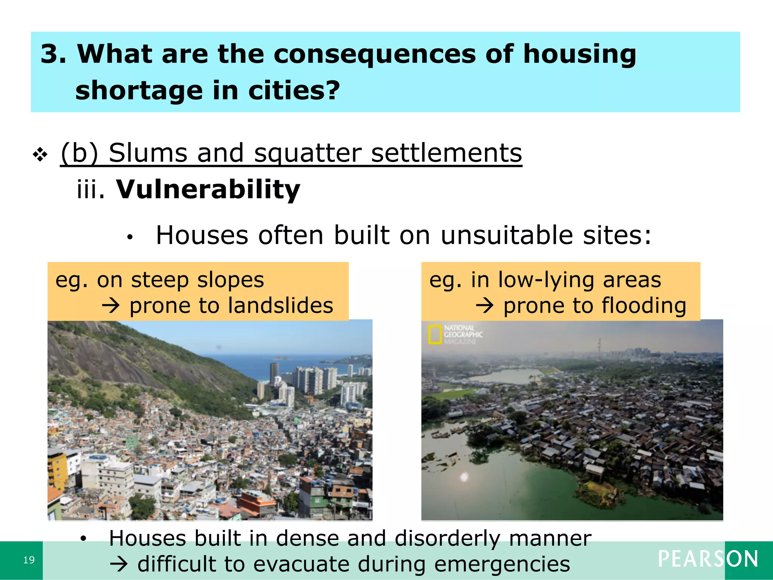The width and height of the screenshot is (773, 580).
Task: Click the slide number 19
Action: pos(29,560)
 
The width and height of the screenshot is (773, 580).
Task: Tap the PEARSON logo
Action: pos(708,559)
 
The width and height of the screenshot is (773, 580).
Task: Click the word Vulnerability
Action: pos(208,189)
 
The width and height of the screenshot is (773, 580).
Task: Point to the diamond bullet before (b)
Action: pos(40,154)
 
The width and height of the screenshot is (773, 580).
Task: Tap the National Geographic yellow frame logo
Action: pos(435,334)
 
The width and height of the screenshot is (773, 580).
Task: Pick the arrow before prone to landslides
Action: pos(111,305)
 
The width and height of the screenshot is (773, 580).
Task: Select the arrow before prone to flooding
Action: pos(485,305)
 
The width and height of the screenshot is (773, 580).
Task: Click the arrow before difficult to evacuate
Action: pos(119,565)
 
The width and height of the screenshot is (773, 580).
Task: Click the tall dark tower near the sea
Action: pos(274,374)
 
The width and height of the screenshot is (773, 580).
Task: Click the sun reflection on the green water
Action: pos(464,477)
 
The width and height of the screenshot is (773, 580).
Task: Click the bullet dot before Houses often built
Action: pos(130,237)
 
